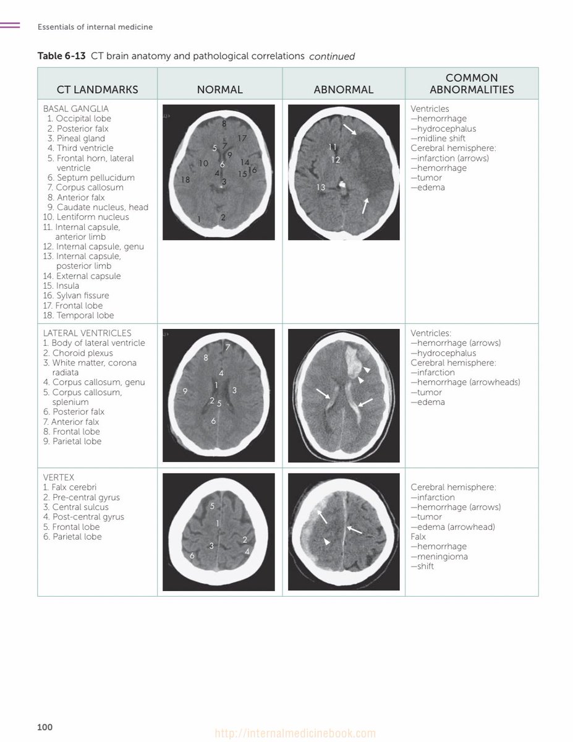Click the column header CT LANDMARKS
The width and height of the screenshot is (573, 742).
coord(97,90)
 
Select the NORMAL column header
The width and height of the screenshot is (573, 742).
coord(219,90)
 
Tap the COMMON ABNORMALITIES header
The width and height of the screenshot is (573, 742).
coord(472,83)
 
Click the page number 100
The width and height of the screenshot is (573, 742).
coord(45,727)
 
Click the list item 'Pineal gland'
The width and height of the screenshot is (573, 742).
coord(80,139)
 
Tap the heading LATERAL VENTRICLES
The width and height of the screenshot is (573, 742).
coord(87,333)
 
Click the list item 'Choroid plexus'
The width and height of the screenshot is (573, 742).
coord(82,353)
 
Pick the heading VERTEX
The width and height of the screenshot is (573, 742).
coord(59,478)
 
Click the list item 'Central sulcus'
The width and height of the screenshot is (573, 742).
coord(80,507)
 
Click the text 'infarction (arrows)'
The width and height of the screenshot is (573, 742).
coord(452,158)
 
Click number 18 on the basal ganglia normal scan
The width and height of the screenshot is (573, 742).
coord(185,180)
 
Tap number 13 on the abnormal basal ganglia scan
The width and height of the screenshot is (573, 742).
coord(321,187)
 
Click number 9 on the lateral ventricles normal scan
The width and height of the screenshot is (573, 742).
coord(185,391)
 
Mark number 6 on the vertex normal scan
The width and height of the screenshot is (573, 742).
coord(192,555)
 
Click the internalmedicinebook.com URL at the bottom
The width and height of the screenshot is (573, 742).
coord(295,734)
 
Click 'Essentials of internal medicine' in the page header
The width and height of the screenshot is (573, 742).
coord(95,27)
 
